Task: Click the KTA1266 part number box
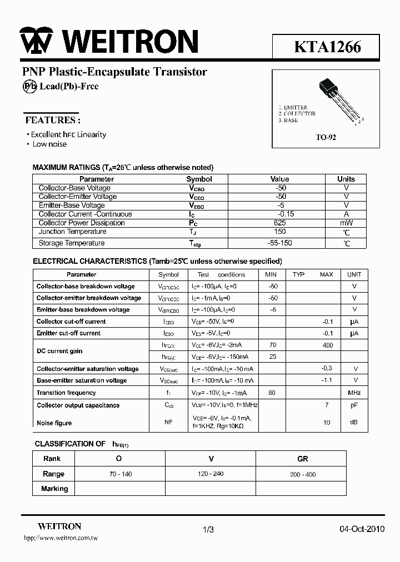pos(327,47)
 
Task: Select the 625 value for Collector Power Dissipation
pos(280,223)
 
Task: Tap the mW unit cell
pos(346,223)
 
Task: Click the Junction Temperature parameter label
pos(72,232)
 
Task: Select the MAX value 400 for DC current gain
pos(327,345)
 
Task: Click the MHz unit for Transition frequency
pos(354,393)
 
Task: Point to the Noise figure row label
pos(54,423)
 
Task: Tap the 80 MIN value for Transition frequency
pos(271,393)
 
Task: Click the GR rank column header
pos(302,459)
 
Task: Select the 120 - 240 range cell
pos(211,474)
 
